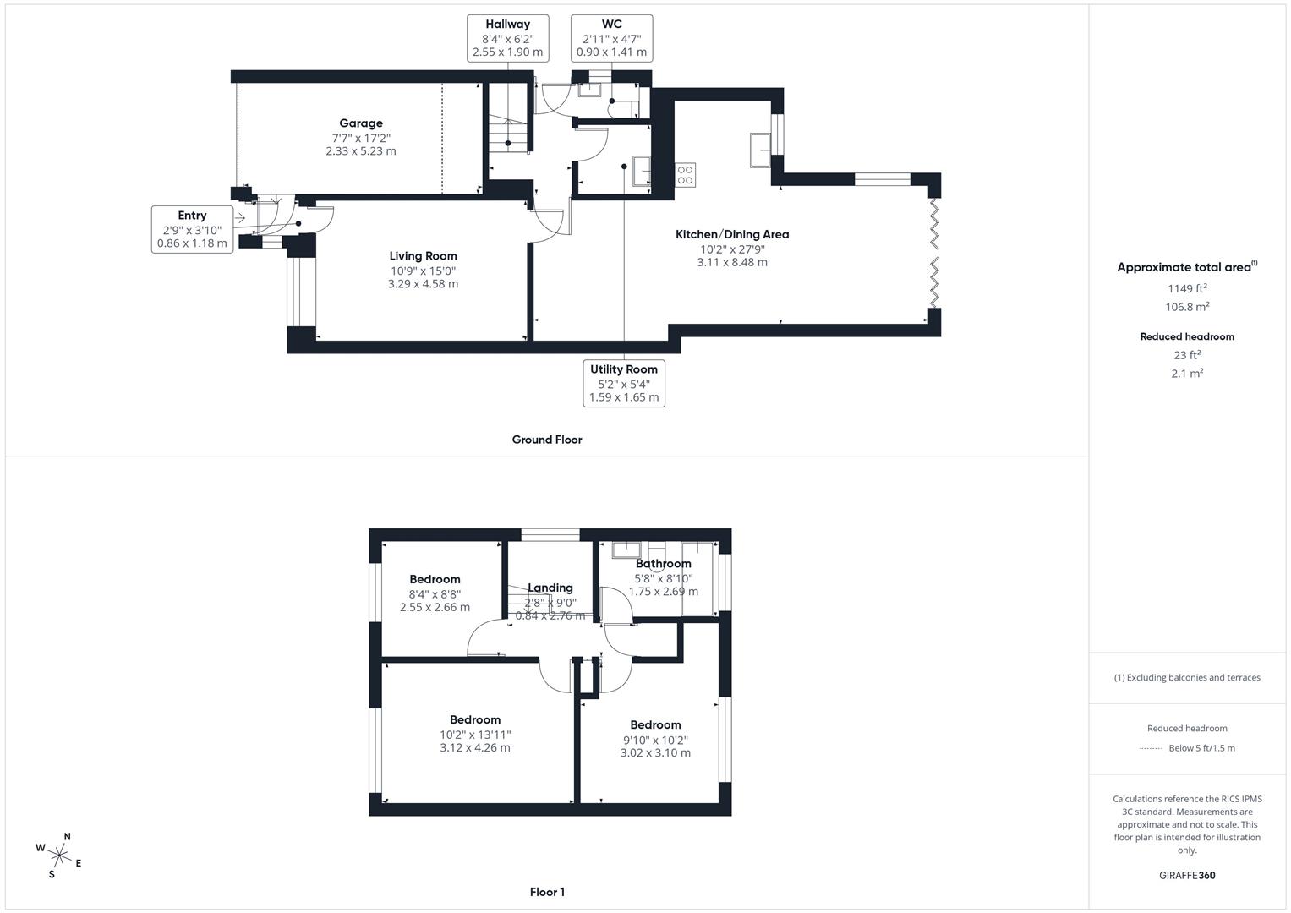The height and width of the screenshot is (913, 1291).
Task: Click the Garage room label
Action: pyautogui.click(x=361, y=123)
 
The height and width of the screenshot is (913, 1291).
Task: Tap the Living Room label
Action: pyautogui.click(x=423, y=256)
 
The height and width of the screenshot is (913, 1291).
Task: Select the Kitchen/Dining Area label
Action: pyautogui.click(x=731, y=234)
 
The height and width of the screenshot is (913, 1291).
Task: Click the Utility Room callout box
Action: pyautogui.click(x=624, y=383)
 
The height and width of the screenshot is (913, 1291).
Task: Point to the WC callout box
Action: pyautogui.click(x=611, y=38)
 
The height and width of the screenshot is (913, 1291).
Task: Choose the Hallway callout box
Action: pyautogui.click(x=507, y=38)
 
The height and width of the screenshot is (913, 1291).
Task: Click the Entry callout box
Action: pyautogui.click(x=192, y=229)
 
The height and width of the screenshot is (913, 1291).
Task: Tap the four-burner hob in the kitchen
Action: pyautogui.click(x=685, y=175)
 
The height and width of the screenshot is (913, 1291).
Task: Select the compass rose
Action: pyautogui.click(x=59, y=854)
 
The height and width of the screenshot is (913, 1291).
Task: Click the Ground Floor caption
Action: pyautogui.click(x=547, y=440)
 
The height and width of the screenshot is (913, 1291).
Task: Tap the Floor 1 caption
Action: pyautogui.click(x=547, y=892)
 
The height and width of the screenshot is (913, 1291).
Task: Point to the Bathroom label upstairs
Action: pyautogui.click(x=664, y=564)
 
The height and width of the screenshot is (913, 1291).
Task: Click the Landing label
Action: pyautogui.click(x=550, y=588)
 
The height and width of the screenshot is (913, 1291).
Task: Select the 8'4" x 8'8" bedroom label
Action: pyautogui.click(x=435, y=579)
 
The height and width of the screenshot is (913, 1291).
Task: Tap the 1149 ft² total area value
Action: pyautogui.click(x=1187, y=288)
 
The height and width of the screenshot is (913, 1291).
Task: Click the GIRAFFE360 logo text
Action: pyautogui.click(x=1187, y=875)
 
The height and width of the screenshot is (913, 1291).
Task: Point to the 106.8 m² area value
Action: pyautogui.click(x=1187, y=307)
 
